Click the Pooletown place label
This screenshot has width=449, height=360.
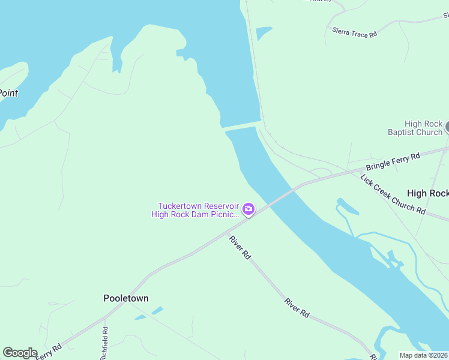point(126,298)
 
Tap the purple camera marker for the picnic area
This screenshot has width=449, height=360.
point(248,209)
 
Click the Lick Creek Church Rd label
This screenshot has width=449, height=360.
point(393,194)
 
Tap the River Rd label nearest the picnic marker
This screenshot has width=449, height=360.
point(240,247)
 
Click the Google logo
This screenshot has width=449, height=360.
point(20,353)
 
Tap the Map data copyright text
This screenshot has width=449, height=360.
point(424,355)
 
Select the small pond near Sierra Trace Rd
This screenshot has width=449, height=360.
point(263,32)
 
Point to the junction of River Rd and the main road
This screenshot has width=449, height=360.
point(227,231)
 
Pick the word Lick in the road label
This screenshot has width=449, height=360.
point(367,178)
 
